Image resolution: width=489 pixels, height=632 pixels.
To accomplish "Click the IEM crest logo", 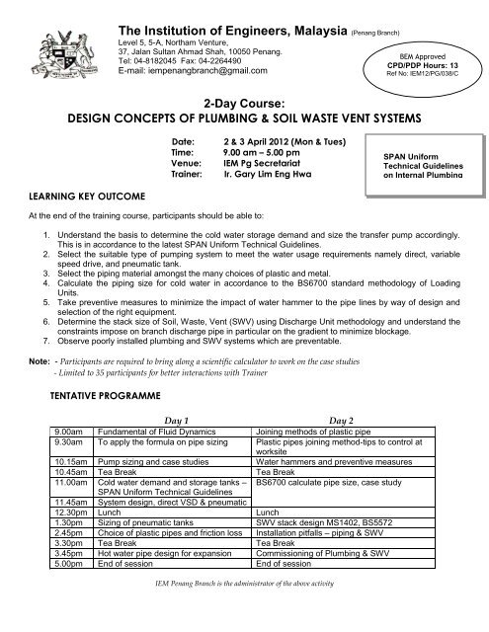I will point(48,45).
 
